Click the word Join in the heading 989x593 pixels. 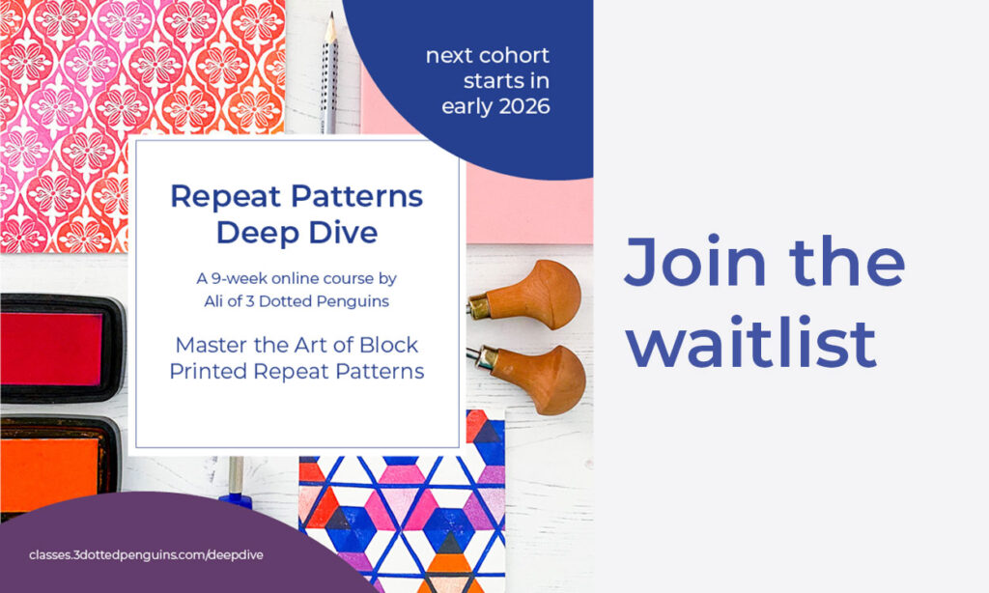695,261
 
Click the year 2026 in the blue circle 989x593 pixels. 523,106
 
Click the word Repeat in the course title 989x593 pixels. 226,197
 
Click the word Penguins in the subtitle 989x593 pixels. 353,301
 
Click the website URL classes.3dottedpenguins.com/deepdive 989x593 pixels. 147,555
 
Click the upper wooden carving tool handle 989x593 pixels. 536,296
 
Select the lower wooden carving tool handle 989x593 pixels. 541,380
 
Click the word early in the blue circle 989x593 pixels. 466,106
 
